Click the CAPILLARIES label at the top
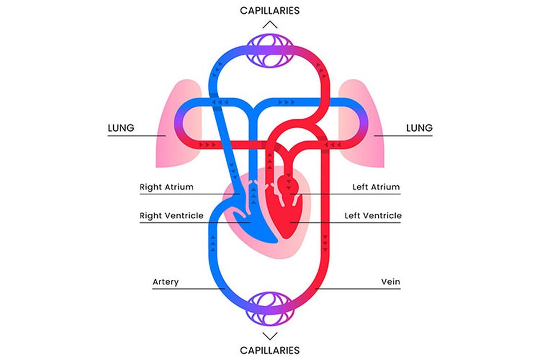pos(270,10)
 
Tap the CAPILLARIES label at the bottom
pos(270,350)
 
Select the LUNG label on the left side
pos(121,127)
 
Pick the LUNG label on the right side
pos(419,127)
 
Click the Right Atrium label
pos(166,187)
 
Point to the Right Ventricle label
pos(171,216)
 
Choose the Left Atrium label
pos(377,187)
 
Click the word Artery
pos(166,282)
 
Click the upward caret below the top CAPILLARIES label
pos(270,25)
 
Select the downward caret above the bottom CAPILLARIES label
pos(270,335)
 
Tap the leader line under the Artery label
pos(183,289)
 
